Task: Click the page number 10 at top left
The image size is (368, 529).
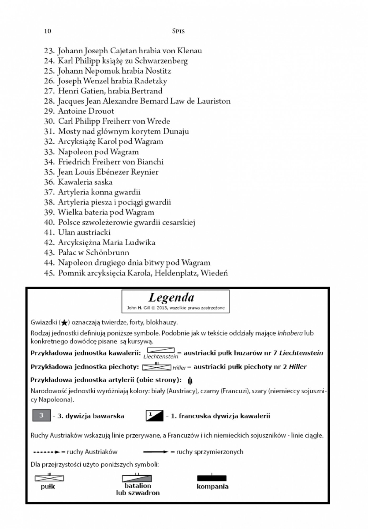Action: click(x=48, y=31)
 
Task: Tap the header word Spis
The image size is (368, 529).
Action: click(x=178, y=31)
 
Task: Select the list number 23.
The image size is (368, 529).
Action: click(x=49, y=50)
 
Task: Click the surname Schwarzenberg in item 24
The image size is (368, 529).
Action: click(x=161, y=61)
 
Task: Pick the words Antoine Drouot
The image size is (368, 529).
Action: click(x=86, y=111)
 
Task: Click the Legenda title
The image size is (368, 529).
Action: click(x=171, y=298)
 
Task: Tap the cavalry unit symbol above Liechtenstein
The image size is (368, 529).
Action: click(x=161, y=350)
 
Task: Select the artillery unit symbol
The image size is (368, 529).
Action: click(x=190, y=380)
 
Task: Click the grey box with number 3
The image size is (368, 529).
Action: click(x=41, y=416)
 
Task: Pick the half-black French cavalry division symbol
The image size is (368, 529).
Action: click(x=155, y=416)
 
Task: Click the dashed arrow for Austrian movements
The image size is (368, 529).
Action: click(x=46, y=452)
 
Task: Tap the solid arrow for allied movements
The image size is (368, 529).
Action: click(x=156, y=452)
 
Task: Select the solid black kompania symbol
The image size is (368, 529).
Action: click(x=212, y=478)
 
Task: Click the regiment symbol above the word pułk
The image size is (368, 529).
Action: click(x=49, y=478)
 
